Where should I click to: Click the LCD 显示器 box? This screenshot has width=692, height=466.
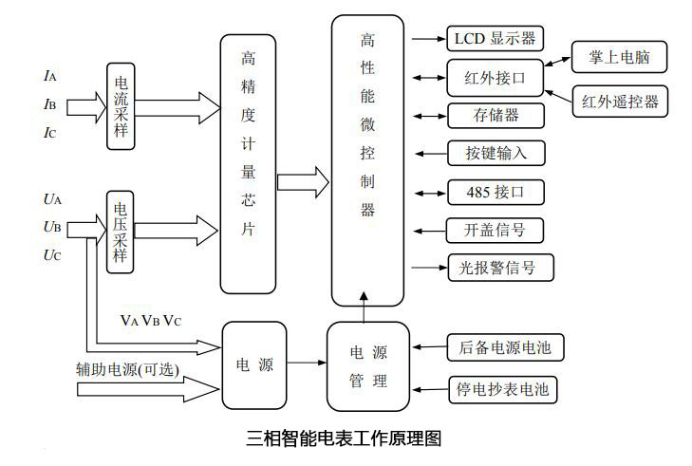pos(496,39)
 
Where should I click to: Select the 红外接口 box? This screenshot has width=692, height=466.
pos(496,78)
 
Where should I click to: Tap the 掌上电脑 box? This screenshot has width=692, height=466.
pos(617,58)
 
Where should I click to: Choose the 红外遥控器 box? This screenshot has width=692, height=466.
pos(620,101)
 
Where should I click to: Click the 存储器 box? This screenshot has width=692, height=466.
pos(496,116)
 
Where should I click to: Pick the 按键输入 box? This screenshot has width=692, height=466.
pos(496,153)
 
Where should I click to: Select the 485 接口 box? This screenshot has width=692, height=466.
pos(496,192)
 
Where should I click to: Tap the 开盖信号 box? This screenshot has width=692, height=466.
pos(494,230)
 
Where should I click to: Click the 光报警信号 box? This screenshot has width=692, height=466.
pos(500,268)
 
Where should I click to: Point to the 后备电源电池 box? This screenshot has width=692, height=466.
pos(504,348)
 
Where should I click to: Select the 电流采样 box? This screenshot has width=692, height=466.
pos(121,105)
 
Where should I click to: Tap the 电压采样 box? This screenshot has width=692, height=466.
pos(121,232)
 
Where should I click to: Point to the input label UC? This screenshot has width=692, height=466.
pos(51,255)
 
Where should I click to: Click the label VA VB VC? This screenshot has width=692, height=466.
pos(150,319)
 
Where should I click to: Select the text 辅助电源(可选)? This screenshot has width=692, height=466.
pos(127,369)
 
